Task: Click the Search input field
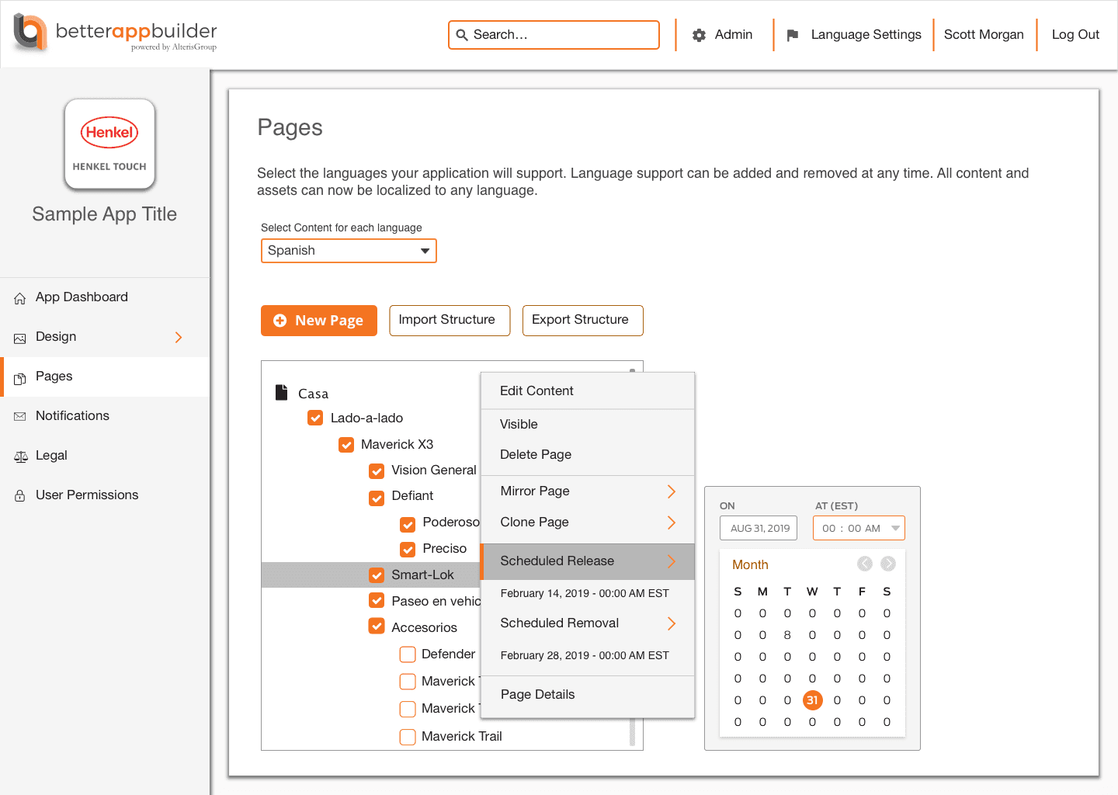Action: coord(554,35)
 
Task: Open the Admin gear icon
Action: coord(699,35)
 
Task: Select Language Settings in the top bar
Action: coord(866,34)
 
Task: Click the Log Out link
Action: coord(1075,34)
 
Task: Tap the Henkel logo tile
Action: coord(109,144)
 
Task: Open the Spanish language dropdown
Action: coord(349,251)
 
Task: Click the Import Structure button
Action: coord(450,320)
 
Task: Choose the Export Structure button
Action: coord(582,320)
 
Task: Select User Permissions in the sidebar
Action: coord(87,495)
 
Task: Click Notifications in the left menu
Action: coord(72,415)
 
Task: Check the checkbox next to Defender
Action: coord(408,654)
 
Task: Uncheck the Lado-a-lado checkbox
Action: coord(315,418)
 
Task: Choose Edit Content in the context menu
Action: coord(536,391)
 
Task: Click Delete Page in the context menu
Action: coord(536,455)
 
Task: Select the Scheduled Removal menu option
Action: coord(560,623)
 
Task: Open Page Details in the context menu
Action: coord(537,694)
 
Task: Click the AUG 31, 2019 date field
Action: coord(758,528)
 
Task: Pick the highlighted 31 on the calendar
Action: coord(812,700)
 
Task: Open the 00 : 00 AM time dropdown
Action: coord(859,528)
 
